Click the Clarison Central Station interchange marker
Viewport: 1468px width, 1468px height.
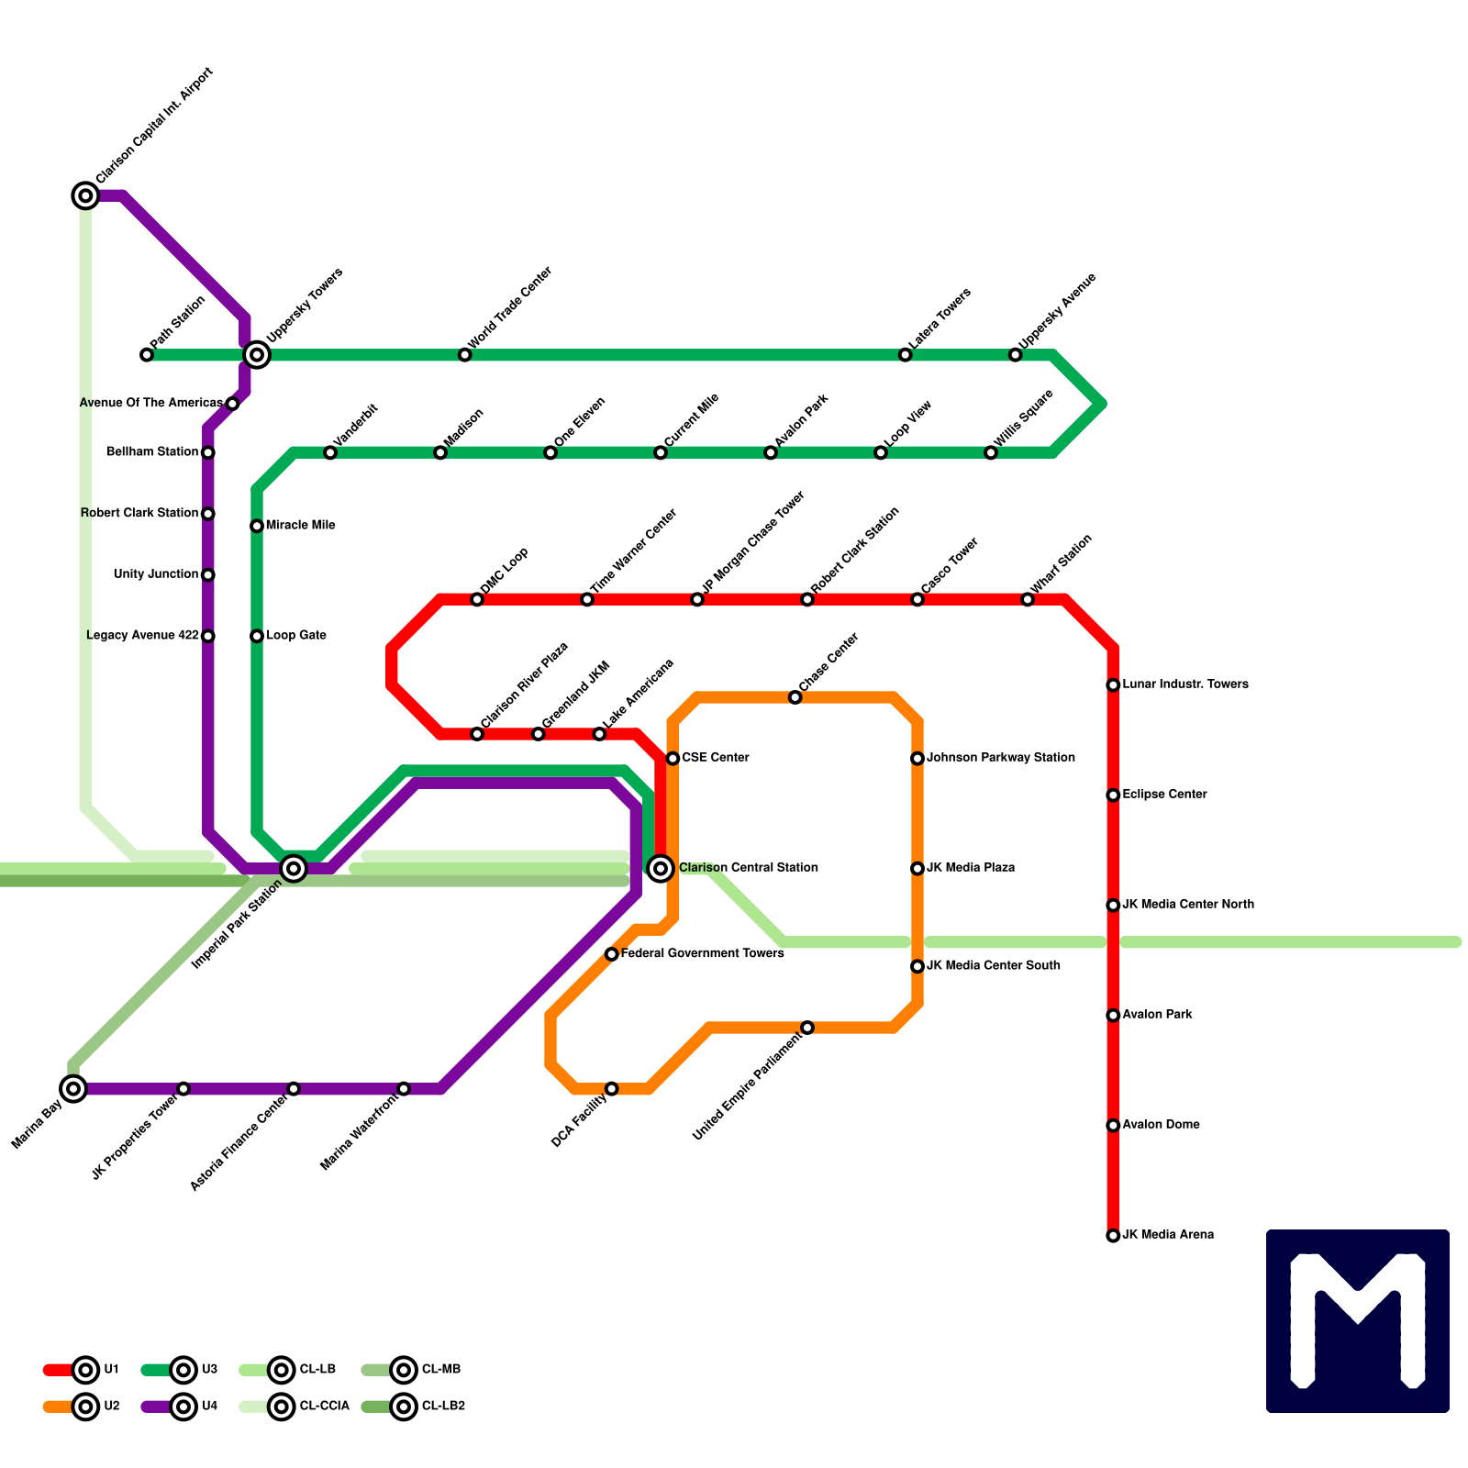[x=661, y=868]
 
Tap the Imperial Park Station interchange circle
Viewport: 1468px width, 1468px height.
[x=294, y=868]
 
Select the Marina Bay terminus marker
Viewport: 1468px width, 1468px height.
[x=74, y=1089]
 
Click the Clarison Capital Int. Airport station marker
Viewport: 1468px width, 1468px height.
[x=85, y=195]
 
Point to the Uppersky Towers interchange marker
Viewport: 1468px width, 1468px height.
[x=257, y=355]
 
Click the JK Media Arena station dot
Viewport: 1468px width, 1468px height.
[x=1113, y=1236]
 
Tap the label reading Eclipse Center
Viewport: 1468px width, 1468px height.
[x=1164, y=795]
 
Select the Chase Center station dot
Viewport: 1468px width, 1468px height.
[x=795, y=698]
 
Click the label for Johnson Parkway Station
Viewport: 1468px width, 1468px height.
[x=1000, y=758]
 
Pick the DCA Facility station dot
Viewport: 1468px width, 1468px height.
[x=612, y=1089]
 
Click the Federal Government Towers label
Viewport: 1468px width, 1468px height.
[x=702, y=954]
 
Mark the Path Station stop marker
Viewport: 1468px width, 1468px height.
[x=147, y=355]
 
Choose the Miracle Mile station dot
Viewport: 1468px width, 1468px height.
[x=257, y=526]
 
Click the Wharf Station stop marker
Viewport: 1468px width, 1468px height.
[x=1028, y=600]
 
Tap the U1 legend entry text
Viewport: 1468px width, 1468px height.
[x=111, y=1370]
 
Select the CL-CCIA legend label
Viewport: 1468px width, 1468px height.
[x=324, y=1407]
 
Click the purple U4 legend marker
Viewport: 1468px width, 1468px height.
[x=183, y=1407]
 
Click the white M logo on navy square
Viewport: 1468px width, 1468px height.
[x=1358, y=1321]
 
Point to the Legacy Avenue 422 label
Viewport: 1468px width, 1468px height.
[x=142, y=636]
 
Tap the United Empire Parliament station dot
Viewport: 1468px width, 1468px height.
[x=807, y=1028]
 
